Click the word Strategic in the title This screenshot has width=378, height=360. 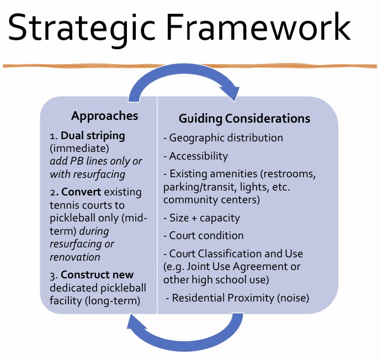point(82,29)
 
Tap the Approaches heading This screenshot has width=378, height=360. point(105,116)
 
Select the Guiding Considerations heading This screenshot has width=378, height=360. point(244,119)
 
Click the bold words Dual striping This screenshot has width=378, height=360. point(93,136)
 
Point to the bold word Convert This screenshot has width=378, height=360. point(81,192)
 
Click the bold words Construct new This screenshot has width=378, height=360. point(97,275)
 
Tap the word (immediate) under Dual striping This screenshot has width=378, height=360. point(79,149)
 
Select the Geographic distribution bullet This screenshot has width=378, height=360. point(223,138)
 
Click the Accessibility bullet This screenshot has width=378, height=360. point(195,156)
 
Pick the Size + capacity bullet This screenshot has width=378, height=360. point(202,218)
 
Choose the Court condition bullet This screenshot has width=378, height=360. point(204,236)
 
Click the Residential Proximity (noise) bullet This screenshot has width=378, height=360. point(237,298)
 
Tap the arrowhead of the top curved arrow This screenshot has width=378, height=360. point(233,93)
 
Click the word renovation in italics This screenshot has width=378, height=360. point(75,257)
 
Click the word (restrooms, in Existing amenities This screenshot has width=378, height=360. point(288,174)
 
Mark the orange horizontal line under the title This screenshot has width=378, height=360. point(190,66)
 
